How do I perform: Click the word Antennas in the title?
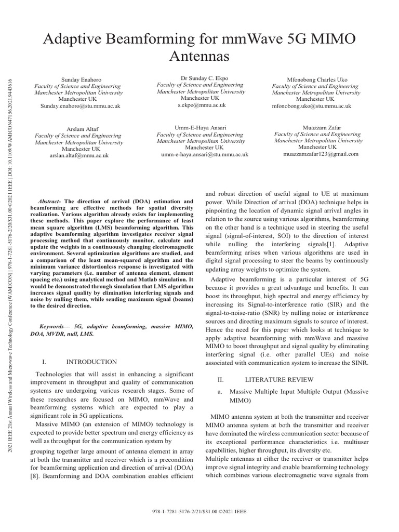(x=199, y=56)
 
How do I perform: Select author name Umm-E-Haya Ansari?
(x=201, y=127)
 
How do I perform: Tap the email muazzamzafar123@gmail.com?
(x=321, y=154)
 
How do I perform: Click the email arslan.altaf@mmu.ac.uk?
(x=78, y=155)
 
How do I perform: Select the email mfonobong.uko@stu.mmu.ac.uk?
(x=311, y=106)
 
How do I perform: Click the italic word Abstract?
(x=51, y=201)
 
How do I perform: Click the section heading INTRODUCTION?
(x=91, y=362)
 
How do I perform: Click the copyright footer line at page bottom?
(x=199, y=511)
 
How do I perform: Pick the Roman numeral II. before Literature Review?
(x=220, y=379)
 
